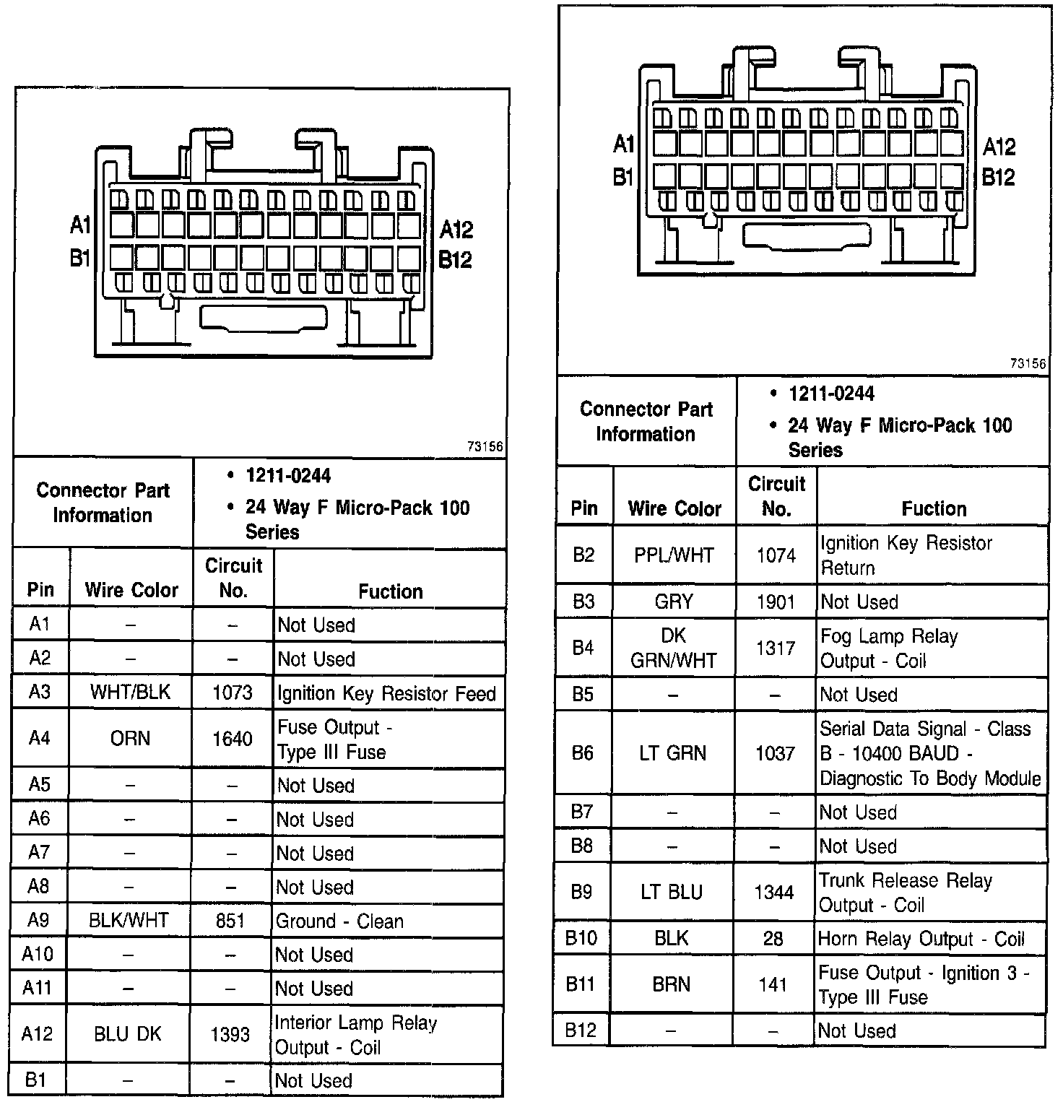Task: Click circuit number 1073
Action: (x=233, y=693)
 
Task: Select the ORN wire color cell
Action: (x=131, y=739)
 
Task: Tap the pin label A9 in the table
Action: (x=38, y=921)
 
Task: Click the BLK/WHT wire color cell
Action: (x=129, y=921)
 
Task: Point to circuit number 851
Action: (x=230, y=921)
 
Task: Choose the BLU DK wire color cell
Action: (x=128, y=1034)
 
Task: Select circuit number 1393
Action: (x=230, y=1035)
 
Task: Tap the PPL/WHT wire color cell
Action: (x=674, y=555)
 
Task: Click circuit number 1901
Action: (x=776, y=602)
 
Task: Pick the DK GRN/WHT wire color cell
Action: (x=673, y=648)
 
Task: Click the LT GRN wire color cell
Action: (x=672, y=753)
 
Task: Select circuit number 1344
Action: (x=774, y=893)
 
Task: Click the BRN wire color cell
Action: (x=672, y=984)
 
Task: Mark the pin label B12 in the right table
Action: (x=581, y=1030)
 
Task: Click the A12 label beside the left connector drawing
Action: (x=456, y=230)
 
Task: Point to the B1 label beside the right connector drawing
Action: (x=623, y=177)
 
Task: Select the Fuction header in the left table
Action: (x=391, y=592)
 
